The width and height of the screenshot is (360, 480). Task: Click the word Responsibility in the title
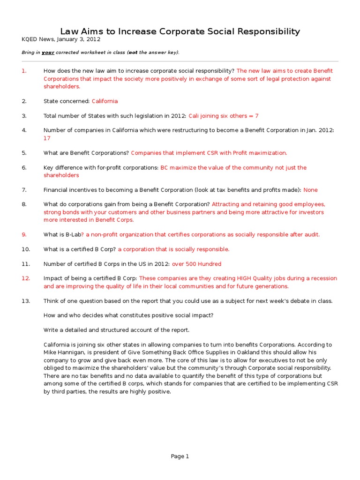[265, 32]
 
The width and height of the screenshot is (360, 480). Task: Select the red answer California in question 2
[105, 101]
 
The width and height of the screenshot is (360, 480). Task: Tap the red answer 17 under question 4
[47, 138]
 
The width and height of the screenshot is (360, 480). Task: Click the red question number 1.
[24, 71]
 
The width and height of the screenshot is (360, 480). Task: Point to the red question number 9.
[24, 234]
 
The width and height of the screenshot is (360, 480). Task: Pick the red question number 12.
[25, 278]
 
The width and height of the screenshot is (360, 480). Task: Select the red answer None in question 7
[310, 190]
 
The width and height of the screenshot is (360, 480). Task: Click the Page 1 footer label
[180, 456]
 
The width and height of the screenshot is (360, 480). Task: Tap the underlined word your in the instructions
[48, 52]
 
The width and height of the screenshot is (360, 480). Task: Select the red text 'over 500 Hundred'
[196, 264]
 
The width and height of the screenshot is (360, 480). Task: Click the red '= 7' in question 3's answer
[254, 116]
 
